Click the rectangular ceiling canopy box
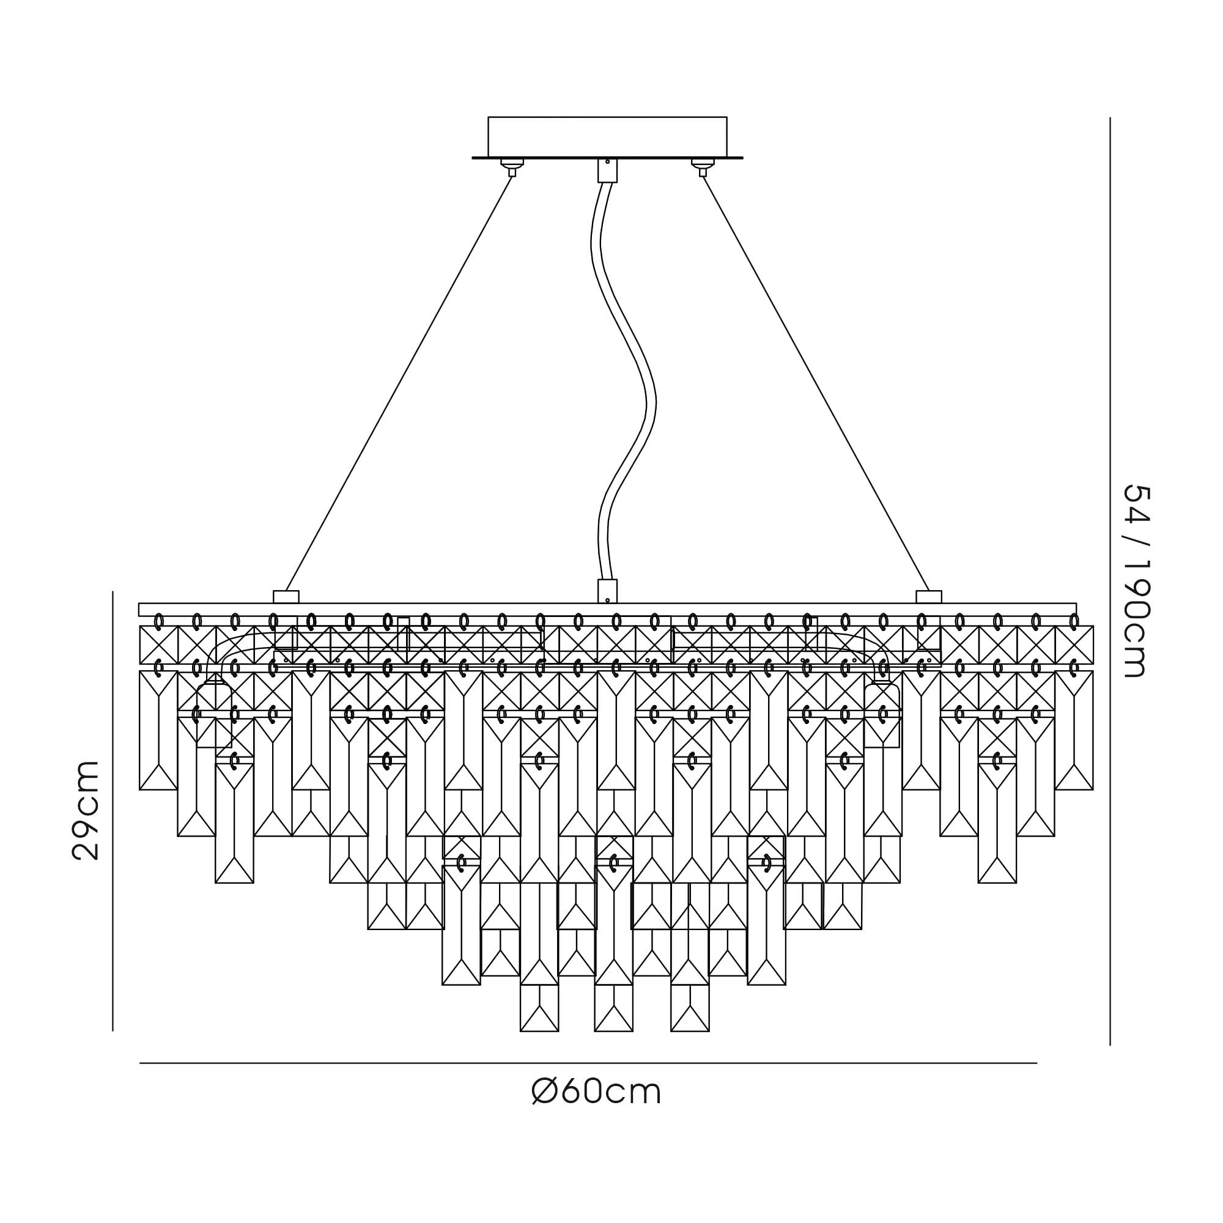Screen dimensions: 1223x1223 pyautogui.click(x=607, y=137)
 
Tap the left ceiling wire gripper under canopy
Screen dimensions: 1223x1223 pyautogui.click(x=512, y=167)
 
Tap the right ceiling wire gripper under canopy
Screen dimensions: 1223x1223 pyautogui.click(x=702, y=167)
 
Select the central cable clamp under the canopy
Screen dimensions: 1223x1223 pyautogui.click(x=607, y=170)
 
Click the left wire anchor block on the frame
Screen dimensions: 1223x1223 pyautogui.click(x=286, y=597)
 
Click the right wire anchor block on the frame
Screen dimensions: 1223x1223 pyautogui.click(x=929, y=597)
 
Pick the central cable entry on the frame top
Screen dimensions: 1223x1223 pyautogui.click(x=607, y=591)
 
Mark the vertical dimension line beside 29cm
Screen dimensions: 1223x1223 pyautogui.click(x=113, y=811)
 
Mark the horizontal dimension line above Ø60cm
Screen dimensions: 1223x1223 pyautogui.click(x=588, y=1063)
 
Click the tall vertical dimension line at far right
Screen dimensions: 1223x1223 pyautogui.click(x=1110, y=581)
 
